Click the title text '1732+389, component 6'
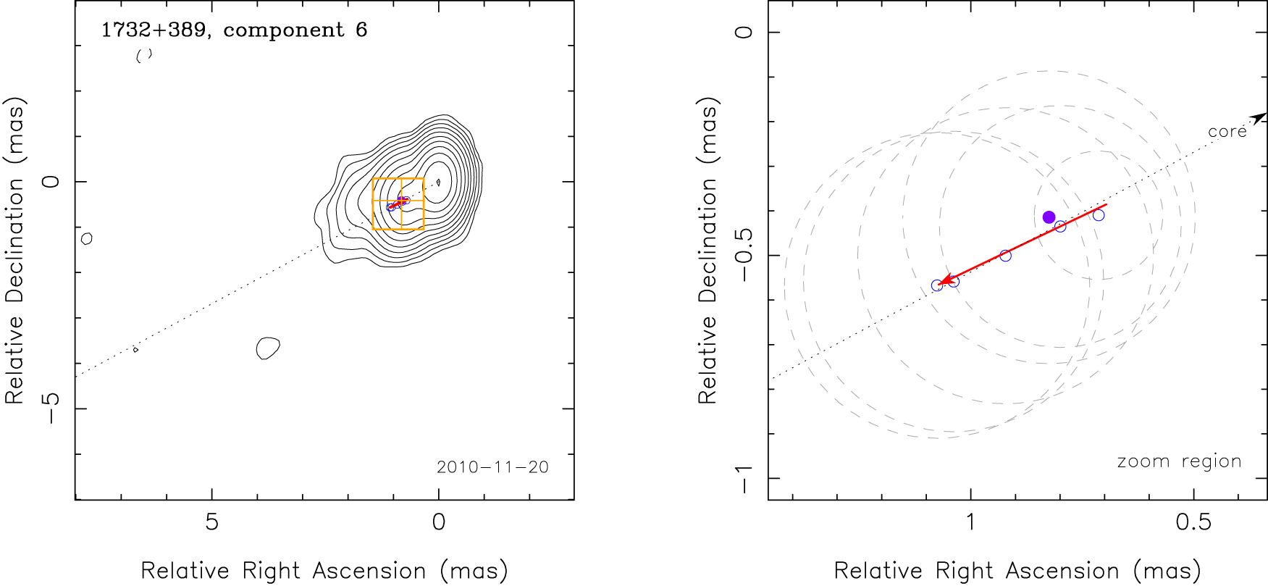(234, 30)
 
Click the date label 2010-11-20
(492, 467)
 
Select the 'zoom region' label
(1179, 461)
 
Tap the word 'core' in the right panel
(1227, 131)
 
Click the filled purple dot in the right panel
(1049, 217)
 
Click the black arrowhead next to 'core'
(1259, 117)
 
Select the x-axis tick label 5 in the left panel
(211, 522)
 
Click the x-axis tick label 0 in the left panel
(438, 522)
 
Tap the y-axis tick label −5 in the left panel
(51, 409)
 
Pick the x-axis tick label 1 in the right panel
(970, 522)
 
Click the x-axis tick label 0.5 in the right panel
(1193, 522)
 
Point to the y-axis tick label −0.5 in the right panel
(744, 256)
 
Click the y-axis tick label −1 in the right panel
(744, 478)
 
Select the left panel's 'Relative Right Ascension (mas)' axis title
(324, 571)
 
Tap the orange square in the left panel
(398, 204)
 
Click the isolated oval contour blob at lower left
(268, 348)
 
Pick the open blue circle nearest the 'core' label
(1099, 215)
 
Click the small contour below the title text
(144, 55)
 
